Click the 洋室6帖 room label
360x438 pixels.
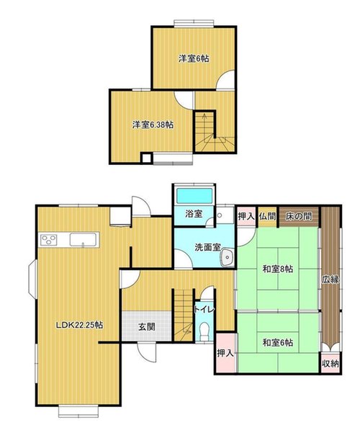click(x=194, y=58)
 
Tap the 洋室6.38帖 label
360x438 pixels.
click(x=153, y=125)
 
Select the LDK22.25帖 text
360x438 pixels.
click(x=80, y=325)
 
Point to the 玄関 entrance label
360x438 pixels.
click(x=147, y=327)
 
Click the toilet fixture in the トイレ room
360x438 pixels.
click(x=204, y=331)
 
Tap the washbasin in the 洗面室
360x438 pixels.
click(x=227, y=256)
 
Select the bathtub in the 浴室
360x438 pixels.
click(x=194, y=196)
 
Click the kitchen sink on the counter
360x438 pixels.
click(x=83, y=240)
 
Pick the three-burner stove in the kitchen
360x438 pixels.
click(x=49, y=240)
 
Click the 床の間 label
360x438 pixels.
click(x=299, y=216)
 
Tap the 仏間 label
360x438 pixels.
click(x=267, y=216)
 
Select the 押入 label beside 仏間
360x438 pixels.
click(x=246, y=216)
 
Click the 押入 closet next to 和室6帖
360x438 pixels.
click(x=225, y=353)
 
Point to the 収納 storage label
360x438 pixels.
click(x=330, y=363)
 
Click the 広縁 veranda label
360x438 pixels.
click(x=330, y=280)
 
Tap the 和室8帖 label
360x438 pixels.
click(x=277, y=269)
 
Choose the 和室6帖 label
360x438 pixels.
click(x=278, y=342)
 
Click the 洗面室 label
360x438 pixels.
click(x=207, y=247)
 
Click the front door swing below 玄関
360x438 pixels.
click(x=147, y=352)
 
